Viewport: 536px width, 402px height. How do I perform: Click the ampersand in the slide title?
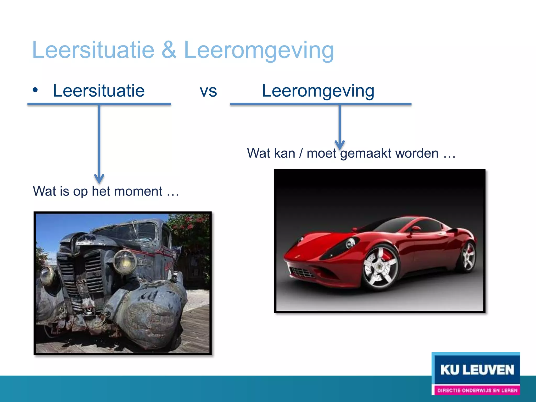tap(169, 50)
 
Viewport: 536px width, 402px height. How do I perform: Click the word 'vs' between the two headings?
tap(208, 91)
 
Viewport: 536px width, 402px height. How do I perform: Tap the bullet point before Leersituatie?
tap(35, 90)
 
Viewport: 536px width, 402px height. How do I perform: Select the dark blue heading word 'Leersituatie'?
tap(99, 91)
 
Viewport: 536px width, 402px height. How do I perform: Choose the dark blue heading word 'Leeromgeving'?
tap(318, 91)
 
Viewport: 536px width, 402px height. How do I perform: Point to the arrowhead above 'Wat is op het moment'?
tap(99, 179)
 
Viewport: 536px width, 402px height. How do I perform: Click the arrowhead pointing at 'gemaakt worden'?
tap(340, 145)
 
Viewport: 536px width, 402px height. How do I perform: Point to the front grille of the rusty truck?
tap(81, 275)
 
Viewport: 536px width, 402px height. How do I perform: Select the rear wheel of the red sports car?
tap(468, 256)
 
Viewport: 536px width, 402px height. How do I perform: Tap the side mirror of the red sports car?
tap(415, 229)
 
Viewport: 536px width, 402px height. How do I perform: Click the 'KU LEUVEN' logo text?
tap(477, 370)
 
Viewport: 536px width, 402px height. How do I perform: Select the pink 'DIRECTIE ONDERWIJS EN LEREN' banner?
tap(477, 390)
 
